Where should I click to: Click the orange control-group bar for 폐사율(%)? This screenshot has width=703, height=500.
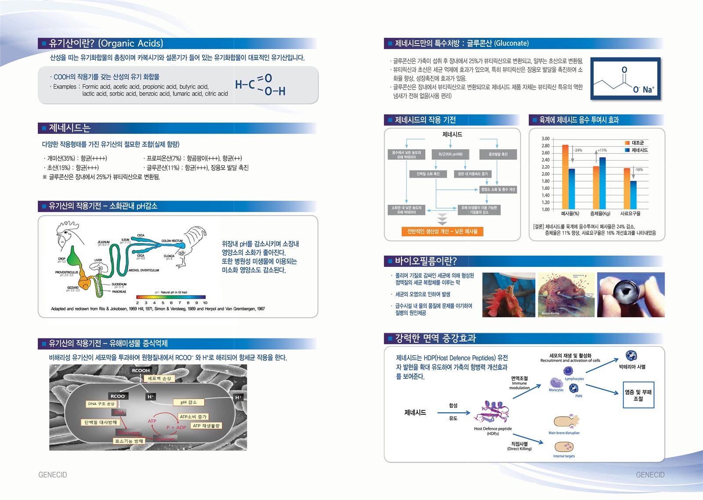565,177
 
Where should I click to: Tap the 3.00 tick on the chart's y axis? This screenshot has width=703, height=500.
545,139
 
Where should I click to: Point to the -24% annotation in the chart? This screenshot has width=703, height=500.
578,151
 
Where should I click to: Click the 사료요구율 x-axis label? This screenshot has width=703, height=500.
630,214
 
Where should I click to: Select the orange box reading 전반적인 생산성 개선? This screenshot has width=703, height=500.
442,231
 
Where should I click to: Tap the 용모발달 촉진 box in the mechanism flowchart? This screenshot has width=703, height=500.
498,154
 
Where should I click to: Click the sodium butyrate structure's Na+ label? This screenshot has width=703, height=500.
648,90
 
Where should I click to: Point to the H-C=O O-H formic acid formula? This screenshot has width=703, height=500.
260,85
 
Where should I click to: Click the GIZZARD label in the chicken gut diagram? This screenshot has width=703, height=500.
73,288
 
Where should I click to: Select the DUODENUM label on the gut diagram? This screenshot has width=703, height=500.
119,284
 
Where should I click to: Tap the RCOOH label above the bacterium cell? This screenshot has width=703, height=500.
141,371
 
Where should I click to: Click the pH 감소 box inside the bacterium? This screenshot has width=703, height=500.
188,402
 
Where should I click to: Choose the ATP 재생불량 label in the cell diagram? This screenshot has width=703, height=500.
206,426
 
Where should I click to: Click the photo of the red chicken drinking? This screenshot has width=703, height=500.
508,295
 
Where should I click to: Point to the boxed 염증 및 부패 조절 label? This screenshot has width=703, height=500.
638,395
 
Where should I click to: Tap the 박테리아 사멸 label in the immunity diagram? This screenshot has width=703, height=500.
632,367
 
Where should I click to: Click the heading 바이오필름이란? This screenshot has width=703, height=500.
425,261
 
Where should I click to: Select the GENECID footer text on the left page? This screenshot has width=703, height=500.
53,475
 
